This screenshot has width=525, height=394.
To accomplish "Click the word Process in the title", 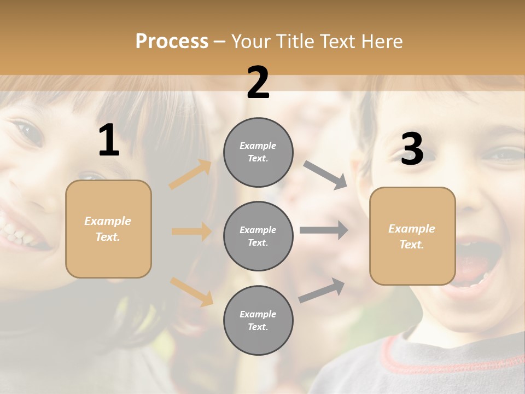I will (x=172, y=42).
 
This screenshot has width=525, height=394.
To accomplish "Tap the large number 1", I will (x=109, y=141).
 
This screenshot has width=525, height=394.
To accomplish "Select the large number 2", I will (x=258, y=83).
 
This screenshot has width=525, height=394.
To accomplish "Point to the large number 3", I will (x=412, y=149).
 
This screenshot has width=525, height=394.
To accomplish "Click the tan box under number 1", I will (x=108, y=229).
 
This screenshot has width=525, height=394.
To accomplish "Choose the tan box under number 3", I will (x=412, y=236).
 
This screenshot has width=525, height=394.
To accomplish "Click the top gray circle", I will (x=258, y=152).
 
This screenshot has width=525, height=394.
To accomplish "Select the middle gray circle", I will (x=258, y=236).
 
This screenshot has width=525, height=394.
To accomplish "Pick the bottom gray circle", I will (x=258, y=321).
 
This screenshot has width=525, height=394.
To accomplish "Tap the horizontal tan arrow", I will (x=191, y=231).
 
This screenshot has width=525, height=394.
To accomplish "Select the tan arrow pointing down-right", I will (x=191, y=291).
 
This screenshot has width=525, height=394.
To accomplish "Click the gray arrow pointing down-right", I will (x=325, y=175).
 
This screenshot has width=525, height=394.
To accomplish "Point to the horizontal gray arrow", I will (x=324, y=230).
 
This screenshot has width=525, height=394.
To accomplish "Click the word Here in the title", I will (x=381, y=42).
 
